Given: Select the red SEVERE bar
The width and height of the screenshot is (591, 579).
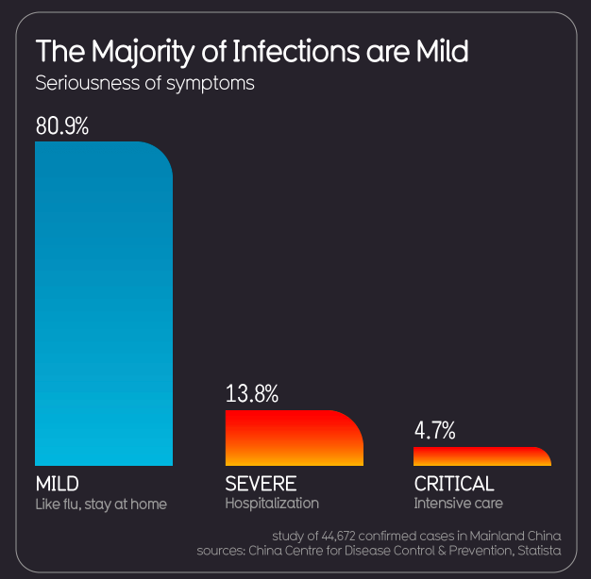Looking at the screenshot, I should [294, 438].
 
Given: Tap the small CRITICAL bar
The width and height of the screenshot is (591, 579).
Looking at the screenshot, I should [481, 456].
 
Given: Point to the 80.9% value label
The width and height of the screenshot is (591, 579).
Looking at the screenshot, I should [62, 125].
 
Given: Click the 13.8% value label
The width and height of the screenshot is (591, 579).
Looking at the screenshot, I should [252, 394].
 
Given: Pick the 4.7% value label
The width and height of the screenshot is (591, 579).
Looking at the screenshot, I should [435, 431].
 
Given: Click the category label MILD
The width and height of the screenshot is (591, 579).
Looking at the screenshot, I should [57, 484].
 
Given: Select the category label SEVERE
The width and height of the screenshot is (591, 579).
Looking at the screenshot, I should [261, 484].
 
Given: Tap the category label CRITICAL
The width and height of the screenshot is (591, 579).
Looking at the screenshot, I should [454, 484].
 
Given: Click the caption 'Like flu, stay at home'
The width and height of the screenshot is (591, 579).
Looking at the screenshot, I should [101, 505].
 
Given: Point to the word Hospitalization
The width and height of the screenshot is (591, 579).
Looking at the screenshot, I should [272, 504].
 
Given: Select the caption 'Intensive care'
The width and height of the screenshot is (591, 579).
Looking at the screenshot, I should [458, 504].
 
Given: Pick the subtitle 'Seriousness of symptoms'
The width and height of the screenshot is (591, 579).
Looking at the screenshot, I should [144, 82].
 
